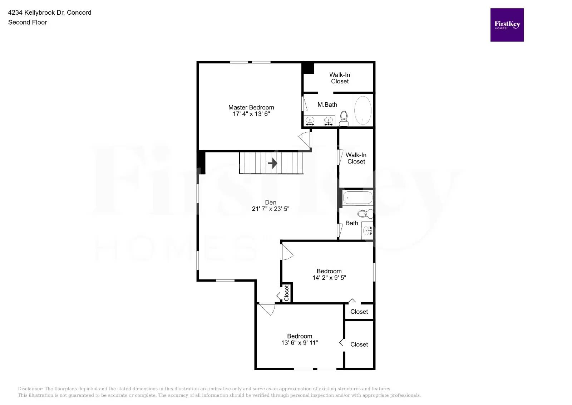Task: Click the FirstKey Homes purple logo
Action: click(507, 25)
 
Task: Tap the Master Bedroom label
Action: click(251, 107)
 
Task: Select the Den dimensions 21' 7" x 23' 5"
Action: click(271, 209)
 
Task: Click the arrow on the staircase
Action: click(273, 163)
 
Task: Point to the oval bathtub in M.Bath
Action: click(363, 110)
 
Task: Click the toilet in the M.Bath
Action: click(344, 118)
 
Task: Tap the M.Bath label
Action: click(327, 105)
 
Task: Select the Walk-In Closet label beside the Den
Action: click(356, 158)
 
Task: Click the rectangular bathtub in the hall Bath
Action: click(357, 198)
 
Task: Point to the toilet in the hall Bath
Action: click(365, 214)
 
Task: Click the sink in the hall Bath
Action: click(368, 231)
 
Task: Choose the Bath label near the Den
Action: click(352, 223)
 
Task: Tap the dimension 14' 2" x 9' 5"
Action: click(329, 278)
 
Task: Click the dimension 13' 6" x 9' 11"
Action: click(300, 343)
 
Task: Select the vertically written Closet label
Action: click(286, 293)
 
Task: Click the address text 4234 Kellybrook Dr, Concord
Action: click(50, 13)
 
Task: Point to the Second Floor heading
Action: click(28, 22)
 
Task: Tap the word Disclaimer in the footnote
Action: click(30, 389)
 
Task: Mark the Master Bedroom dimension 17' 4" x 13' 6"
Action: click(251, 114)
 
